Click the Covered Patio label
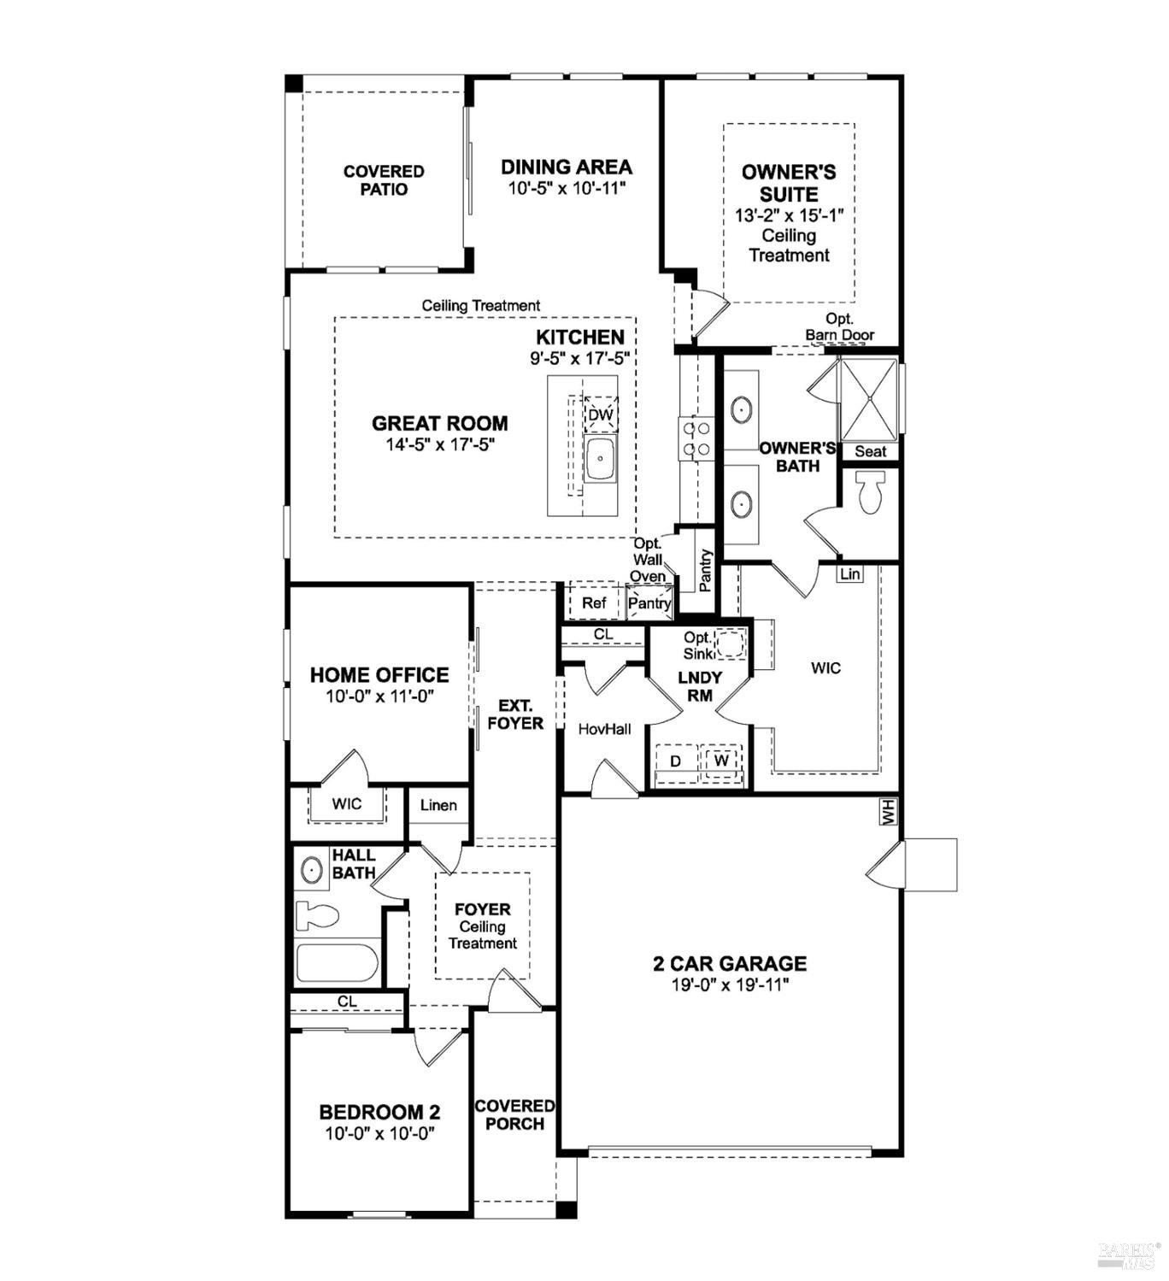pyautogui.click(x=384, y=180)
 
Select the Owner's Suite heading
pyautogui.click(x=789, y=183)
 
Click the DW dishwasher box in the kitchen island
pyautogui.click(x=601, y=415)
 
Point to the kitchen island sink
pyautogui.click(x=601, y=460)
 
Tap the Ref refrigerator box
pyautogui.click(x=594, y=603)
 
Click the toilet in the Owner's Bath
pyautogui.click(x=870, y=493)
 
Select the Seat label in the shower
pyautogui.click(x=870, y=451)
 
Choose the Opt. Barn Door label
pyautogui.click(x=839, y=327)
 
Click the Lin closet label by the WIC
pyautogui.click(x=849, y=574)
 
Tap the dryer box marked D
pyautogui.click(x=676, y=760)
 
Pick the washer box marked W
pyautogui.click(x=722, y=760)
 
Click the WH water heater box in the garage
pyautogui.click(x=888, y=812)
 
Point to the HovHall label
pyautogui.click(x=604, y=729)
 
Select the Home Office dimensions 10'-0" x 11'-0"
pyautogui.click(x=380, y=696)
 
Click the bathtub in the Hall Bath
pyautogui.click(x=337, y=963)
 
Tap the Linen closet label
pyautogui.click(x=438, y=805)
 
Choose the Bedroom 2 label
pyautogui.click(x=379, y=1112)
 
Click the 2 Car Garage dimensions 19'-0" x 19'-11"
pyautogui.click(x=730, y=984)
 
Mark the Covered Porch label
pyautogui.click(x=514, y=1115)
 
